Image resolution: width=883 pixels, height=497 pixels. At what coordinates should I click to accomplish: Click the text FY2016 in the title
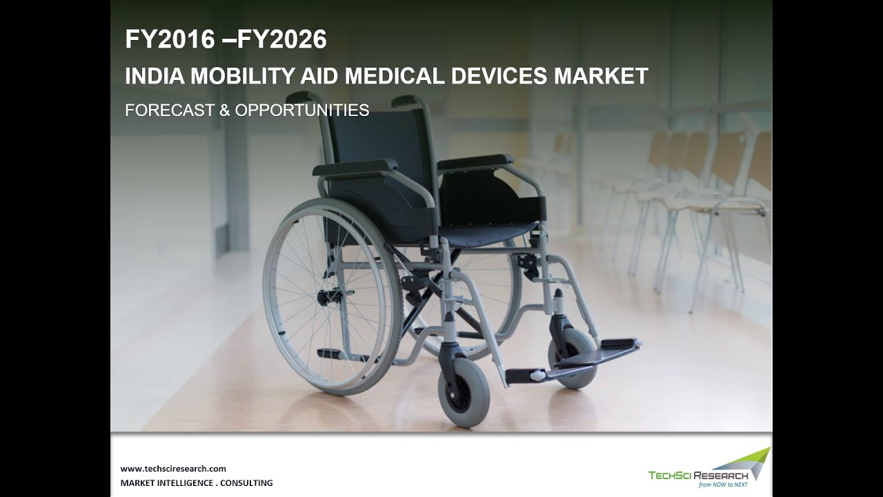pos(170,40)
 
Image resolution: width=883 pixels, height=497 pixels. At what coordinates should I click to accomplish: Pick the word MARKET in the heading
pos(602,76)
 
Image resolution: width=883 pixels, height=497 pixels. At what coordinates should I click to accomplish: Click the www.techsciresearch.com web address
pos(173,468)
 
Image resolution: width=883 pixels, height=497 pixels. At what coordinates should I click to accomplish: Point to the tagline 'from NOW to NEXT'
pos(723,485)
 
